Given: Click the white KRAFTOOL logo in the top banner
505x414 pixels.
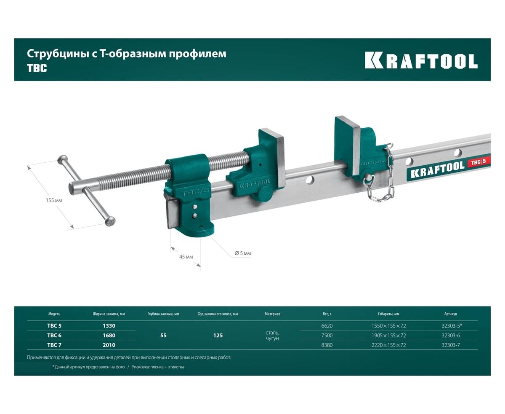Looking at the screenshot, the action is tap(421, 61).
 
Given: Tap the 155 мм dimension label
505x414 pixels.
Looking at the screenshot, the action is tap(54, 200).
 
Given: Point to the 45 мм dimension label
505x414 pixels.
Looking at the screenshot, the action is tap(186, 257).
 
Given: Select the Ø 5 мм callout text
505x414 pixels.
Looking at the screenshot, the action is tap(243, 253).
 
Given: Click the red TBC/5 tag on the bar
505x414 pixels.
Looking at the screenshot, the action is tap(478, 162).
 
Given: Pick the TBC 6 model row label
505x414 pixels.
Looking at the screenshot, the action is tap(54, 335).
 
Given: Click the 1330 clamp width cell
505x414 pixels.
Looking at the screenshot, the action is tap(109, 326).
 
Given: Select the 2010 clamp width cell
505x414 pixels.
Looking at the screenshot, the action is tap(109, 345).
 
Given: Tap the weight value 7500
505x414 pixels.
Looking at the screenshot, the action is tap(327, 335).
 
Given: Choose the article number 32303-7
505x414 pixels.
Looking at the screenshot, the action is tap(451, 345).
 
